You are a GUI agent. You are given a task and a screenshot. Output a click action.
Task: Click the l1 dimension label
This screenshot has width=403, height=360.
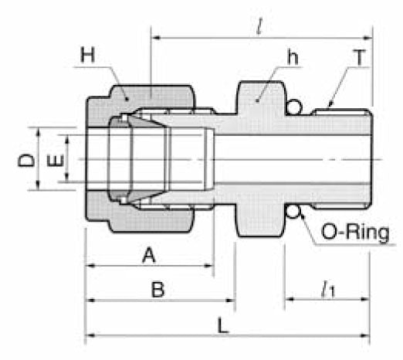coord(327,290)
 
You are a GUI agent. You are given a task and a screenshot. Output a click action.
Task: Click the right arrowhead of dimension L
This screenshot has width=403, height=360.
coord(368,335)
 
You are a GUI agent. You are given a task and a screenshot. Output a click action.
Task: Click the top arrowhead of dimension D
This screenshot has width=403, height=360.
coord(37,130)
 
